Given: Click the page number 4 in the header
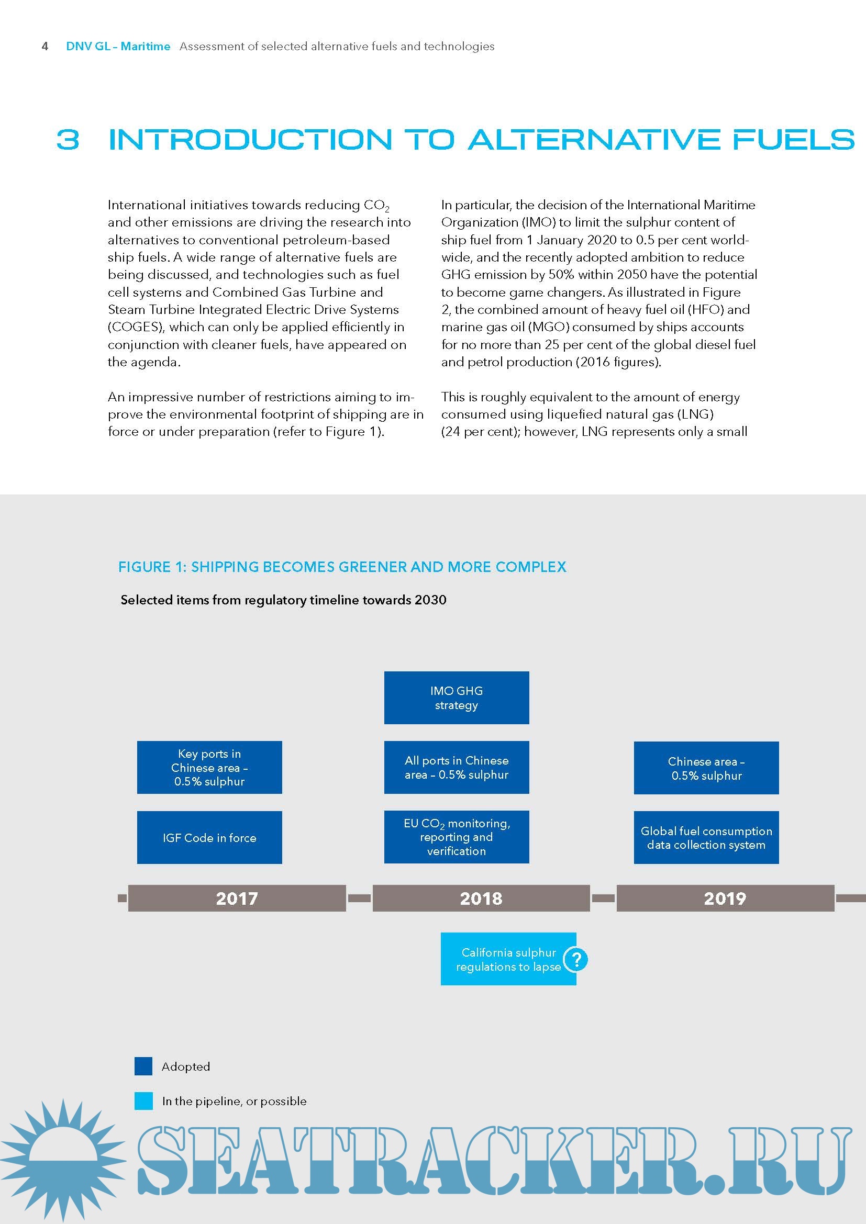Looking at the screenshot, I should (x=45, y=47).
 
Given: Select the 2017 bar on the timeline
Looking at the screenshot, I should (x=237, y=899).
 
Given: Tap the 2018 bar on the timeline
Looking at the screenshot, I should (x=481, y=899).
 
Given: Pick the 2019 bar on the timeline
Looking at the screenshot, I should (x=725, y=899).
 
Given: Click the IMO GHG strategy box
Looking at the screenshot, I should (x=457, y=698).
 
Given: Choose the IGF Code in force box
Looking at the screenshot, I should (x=209, y=837).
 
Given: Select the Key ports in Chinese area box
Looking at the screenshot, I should (x=209, y=767).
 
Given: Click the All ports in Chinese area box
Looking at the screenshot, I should (x=457, y=767).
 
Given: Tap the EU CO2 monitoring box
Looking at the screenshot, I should (x=457, y=837).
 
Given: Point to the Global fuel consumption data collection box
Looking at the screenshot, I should (x=706, y=837).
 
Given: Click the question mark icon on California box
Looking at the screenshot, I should (x=576, y=960).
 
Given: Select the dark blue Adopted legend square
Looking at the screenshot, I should (x=143, y=1066).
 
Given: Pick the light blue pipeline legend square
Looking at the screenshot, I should (x=143, y=1101).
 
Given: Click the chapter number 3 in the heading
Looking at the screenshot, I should (x=68, y=140).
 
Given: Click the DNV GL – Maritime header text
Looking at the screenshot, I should (x=118, y=47).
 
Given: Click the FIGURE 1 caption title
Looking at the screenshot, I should (x=342, y=567).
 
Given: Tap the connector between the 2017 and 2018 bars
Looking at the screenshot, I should (x=359, y=899).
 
